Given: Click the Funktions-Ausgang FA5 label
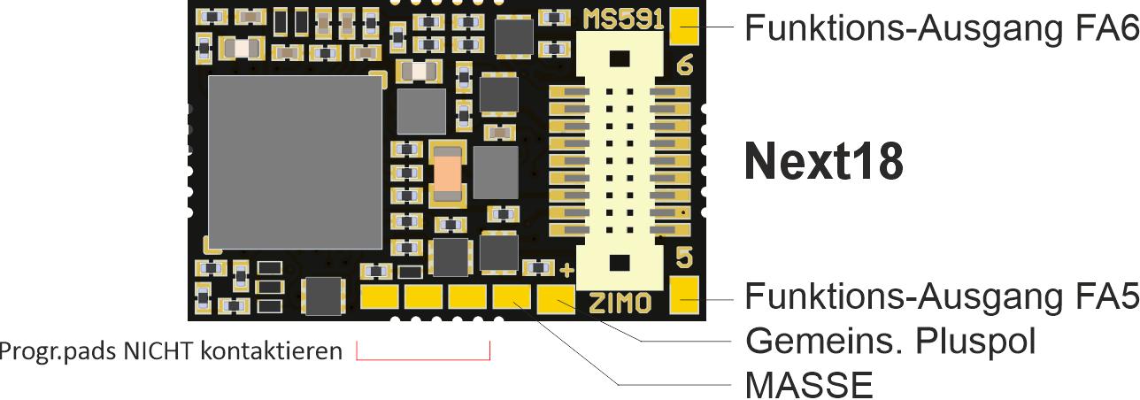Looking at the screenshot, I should click(x=941, y=296).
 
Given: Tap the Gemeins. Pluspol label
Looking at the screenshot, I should click(x=890, y=340).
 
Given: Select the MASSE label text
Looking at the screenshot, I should click(x=809, y=384).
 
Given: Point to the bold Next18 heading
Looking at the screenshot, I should click(x=823, y=161).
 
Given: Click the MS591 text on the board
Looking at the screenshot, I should click(x=623, y=19).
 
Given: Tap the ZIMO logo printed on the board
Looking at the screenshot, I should click(x=620, y=304).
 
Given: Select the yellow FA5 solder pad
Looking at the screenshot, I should click(x=683, y=296).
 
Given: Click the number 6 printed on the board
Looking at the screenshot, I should click(x=682, y=66).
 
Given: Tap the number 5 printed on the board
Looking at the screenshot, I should click(x=683, y=258).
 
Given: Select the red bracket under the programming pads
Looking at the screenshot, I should click(x=423, y=357).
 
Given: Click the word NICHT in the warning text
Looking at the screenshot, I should click(x=165, y=351).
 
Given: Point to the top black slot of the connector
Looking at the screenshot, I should click(x=620, y=58).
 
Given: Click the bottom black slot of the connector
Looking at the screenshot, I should click(x=620, y=262).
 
